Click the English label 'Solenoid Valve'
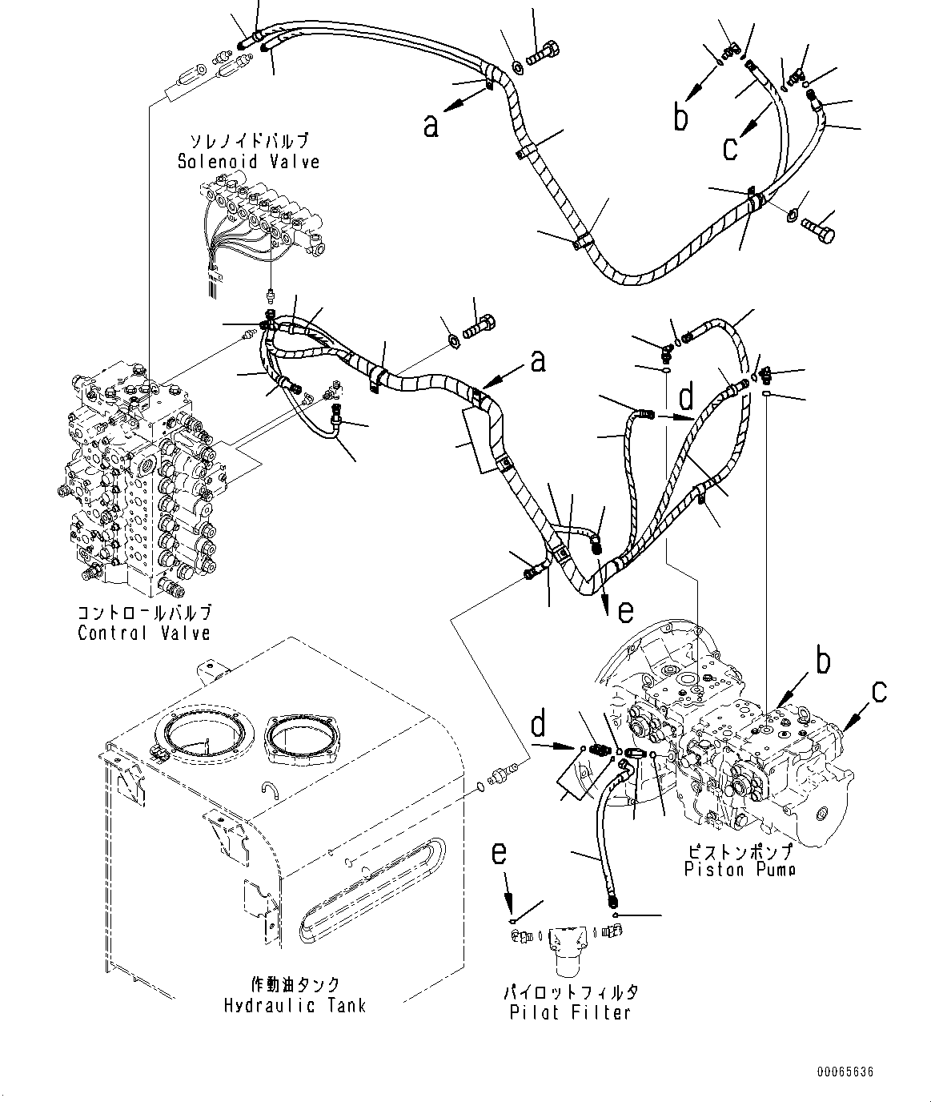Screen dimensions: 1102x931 pyautogui.click(x=248, y=161)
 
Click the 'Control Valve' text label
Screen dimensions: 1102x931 pyautogui.click(x=144, y=633)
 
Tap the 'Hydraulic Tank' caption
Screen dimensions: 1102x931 pyautogui.click(x=295, y=1005)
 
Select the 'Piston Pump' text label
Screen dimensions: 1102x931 pyautogui.click(x=739, y=869)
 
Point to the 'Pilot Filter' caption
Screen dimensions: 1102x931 pyautogui.click(x=570, y=1012)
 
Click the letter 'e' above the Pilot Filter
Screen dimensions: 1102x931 pyautogui.click(x=499, y=856)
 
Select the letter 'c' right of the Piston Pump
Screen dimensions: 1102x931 pyautogui.click(x=879, y=691)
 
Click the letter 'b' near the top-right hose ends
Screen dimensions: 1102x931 pyautogui.click(x=680, y=117)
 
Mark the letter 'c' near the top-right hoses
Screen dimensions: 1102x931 pyautogui.click(x=730, y=147)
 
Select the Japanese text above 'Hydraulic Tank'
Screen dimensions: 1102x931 pyautogui.click(x=295, y=985)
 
